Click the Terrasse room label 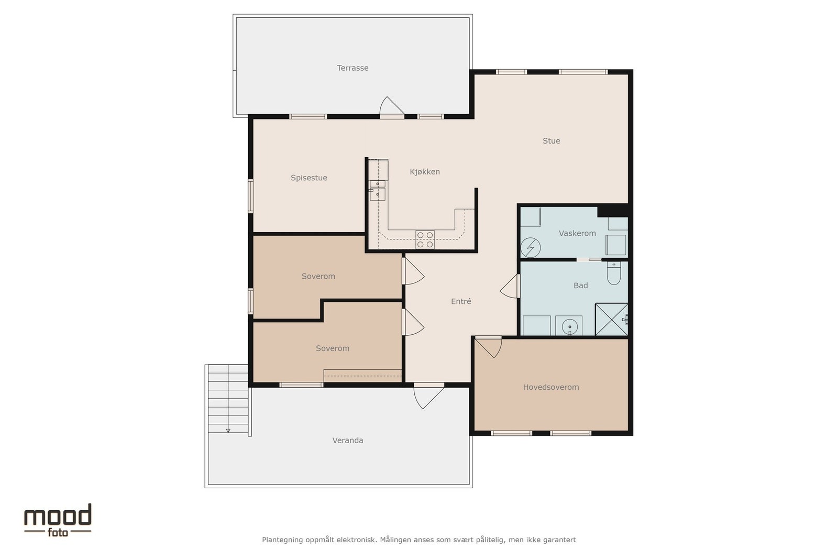[x=352, y=68]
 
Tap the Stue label [x=551, y=141]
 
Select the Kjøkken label [x=425, y=172]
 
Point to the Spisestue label [x=308, y=178]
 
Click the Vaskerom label [x=577, y=234]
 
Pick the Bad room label [x=581, y=286]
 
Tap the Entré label [x=461, y=301]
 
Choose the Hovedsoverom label [x=550, y=387]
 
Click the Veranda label [x=348, y=441]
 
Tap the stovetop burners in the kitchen [x=425, y=239]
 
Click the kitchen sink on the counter [x=378, y=190]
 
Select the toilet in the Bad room [x=613, y=273]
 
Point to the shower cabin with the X [x=611, y=320]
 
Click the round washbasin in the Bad [x=569, y=325]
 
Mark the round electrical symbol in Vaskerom [x=531, y=248]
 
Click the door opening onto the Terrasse [x=392, y=107]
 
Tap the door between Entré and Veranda [x=428, y=396]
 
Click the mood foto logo [x=58, y=520]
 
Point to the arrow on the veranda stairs [x=228, y=431]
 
